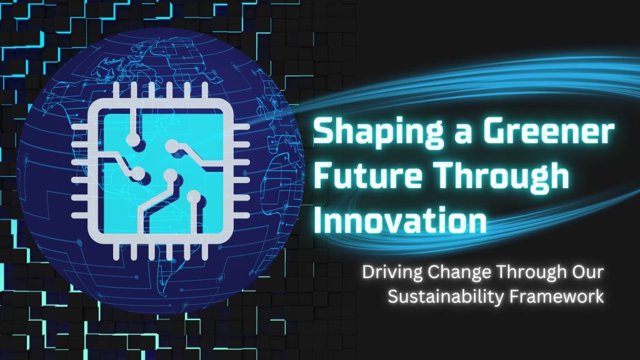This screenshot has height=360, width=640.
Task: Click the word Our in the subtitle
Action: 587,272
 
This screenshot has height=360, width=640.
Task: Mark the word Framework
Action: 557,296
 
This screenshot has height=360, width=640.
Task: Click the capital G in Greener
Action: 495,131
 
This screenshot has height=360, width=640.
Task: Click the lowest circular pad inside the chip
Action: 194,197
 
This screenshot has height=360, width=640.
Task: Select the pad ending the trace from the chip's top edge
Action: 134,140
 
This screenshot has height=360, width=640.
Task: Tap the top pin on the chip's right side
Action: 240,127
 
